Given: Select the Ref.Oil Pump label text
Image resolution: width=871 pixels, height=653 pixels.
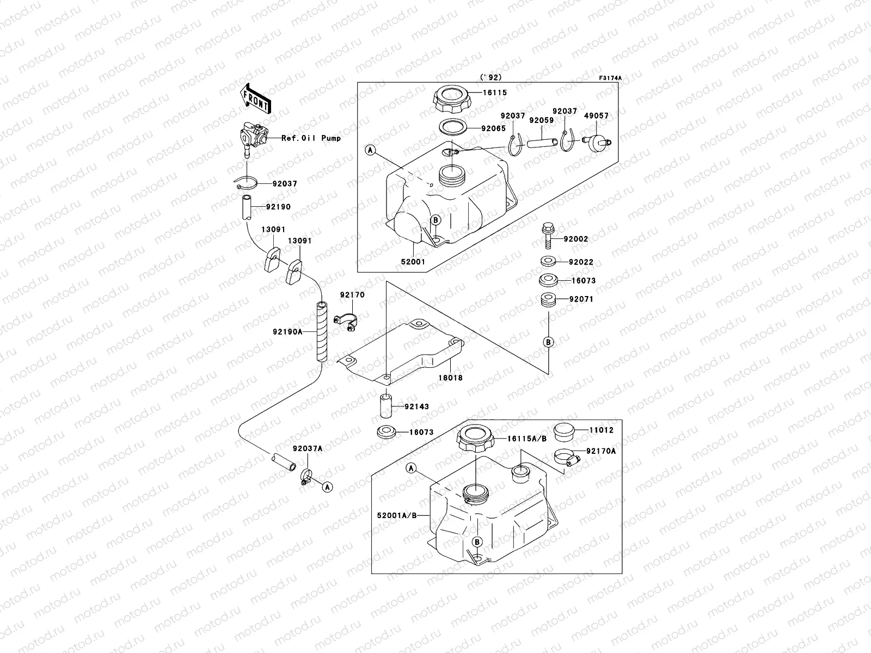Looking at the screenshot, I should [x=311, y=138].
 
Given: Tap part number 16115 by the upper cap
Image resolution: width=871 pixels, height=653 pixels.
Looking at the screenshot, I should [x=495, y=93].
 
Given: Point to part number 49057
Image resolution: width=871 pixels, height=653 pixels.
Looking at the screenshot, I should [x=597, y=116].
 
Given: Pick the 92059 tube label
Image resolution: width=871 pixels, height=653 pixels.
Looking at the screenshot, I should [x=541, y=120].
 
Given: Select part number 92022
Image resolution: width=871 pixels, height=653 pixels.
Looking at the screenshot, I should [x=581, y=262].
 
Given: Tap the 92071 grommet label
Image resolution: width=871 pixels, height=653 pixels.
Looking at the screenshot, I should [x=581, y=299].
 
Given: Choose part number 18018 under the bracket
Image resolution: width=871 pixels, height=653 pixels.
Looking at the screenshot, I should [x=449, y=377].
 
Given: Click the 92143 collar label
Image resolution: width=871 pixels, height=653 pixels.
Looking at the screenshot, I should [x=417, y=406].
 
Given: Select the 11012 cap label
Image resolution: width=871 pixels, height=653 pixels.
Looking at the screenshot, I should [x=601, y=430].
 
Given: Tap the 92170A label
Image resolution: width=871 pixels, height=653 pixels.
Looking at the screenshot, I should [x=601, y=451].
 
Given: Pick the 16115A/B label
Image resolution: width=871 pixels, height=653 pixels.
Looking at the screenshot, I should [x=527, y=439].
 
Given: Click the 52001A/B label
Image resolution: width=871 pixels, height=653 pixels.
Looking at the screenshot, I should [x=396, y=514].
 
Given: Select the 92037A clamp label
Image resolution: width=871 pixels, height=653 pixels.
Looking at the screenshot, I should [x=307, y=449].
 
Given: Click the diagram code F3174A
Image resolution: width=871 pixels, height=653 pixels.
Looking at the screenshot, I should [x=610, y=78].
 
